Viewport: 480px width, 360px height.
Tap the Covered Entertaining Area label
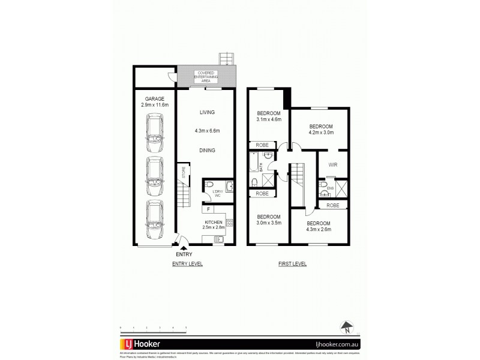[x=206, y=77]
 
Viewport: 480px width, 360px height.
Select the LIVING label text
[x=206, y=112]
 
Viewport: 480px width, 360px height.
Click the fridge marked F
[x=208, y=209]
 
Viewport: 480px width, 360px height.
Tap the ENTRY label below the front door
[x=185, y=254]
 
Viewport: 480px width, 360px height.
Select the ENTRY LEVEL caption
[x=187, y=263]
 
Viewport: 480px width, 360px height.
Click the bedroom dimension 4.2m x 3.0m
[x=320, y=133]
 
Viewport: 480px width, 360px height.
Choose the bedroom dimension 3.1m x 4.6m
[x=269, y=121]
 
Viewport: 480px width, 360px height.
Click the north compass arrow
[x=346, y=328]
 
